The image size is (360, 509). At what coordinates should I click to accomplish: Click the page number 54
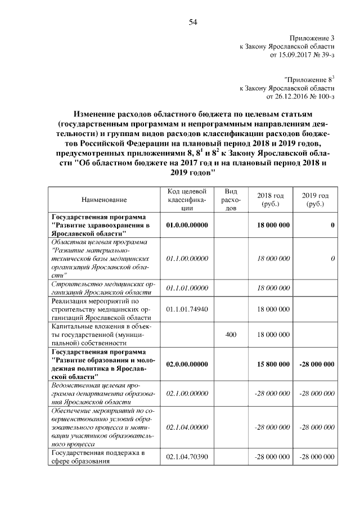coord(192,22)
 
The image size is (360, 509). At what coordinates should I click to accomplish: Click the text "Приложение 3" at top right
coord(312,37)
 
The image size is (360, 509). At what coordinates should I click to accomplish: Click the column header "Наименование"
coord(104,199)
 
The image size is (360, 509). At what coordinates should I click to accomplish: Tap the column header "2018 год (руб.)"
coord(271,199)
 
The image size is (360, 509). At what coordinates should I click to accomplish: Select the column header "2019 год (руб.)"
coord(316,199)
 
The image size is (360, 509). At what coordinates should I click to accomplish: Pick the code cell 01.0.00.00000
coord(188,225)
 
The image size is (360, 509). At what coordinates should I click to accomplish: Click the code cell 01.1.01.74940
coord(188,309)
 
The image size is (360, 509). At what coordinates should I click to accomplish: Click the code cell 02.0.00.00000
coord(188,364)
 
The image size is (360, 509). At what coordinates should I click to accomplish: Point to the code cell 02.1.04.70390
coord(188,458)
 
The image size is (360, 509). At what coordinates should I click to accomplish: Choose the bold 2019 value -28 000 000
coord(316,364)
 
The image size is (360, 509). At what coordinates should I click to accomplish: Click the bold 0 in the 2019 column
coord(332,225)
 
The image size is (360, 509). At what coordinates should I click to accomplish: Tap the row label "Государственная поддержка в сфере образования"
coord(96,458)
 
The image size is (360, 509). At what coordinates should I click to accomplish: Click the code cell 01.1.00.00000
coord(188,258)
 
